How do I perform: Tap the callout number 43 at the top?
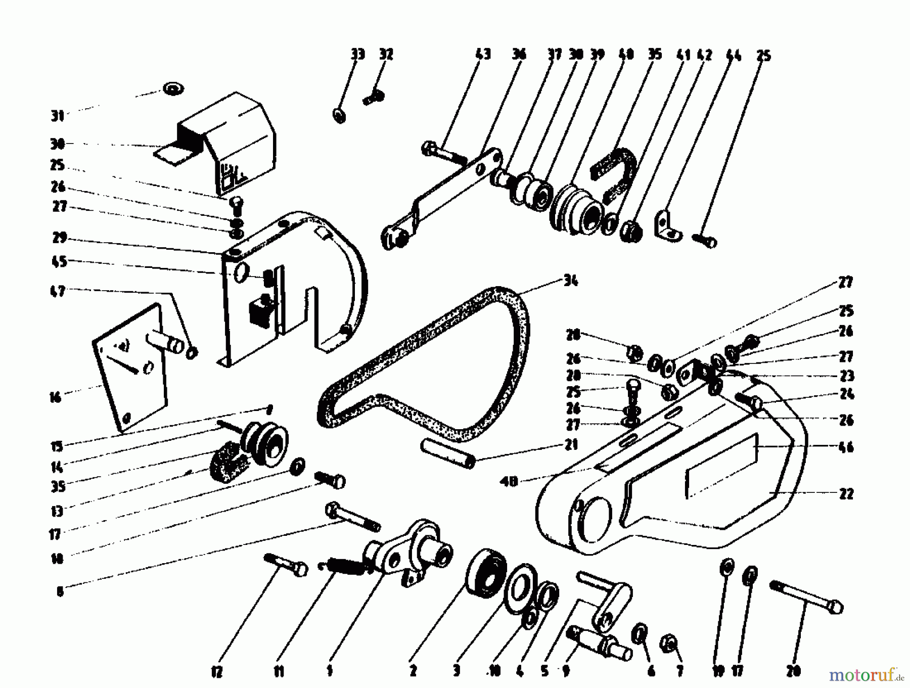click(x=483, y=54)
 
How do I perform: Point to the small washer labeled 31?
click(x=173, y=89)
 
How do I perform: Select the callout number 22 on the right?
click(x=846, y=494)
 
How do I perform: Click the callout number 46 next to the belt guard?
click(x=846, y=447)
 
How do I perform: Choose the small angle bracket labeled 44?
click(x=667, y=225)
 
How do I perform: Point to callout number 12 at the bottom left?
click(x=216, y=671)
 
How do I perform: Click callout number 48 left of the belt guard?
click(x=511, y=482)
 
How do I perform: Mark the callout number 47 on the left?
click(x=59, y=291)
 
